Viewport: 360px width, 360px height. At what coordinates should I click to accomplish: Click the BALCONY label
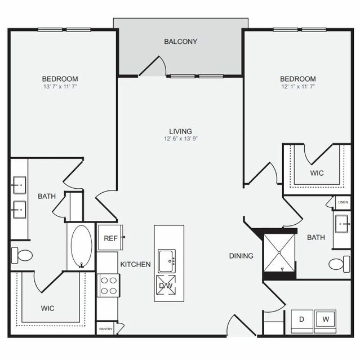pyautogui.click(x=180, y=41)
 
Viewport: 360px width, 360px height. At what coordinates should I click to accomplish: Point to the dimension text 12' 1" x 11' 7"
pyautogui.click(x=298, y=87)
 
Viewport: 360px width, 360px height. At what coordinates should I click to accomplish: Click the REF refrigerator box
pyautogui.click(x=110, y=238)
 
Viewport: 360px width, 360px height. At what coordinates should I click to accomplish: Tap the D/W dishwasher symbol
pyautogui.click(x=165, y=286)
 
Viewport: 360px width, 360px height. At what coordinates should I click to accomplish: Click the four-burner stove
pyautogui.click(x=108, y=286)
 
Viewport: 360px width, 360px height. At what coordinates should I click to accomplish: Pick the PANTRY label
pyautogui.click(x=105, y=328)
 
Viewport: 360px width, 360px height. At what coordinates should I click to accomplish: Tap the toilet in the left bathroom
pyautogui.click(x=22, y=255)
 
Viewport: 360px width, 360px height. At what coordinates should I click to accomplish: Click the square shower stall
pyautogui.click(x=280, y=250)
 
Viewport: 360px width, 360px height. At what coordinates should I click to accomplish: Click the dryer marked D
pyautogui.click(x=301, y=319)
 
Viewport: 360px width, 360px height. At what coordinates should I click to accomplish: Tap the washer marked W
pyautogui.click(x=325, y=319)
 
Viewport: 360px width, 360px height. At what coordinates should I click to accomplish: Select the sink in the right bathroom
pyautogui.click(x=341, y=224)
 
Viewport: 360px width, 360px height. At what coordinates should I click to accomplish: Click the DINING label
pyautogui.click(x=241, y=256)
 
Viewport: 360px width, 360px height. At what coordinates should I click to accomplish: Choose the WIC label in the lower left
pyautogui.click(x=47, y=309)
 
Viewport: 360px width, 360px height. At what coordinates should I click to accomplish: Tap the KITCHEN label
pyautogui.click(x=135, y=264)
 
